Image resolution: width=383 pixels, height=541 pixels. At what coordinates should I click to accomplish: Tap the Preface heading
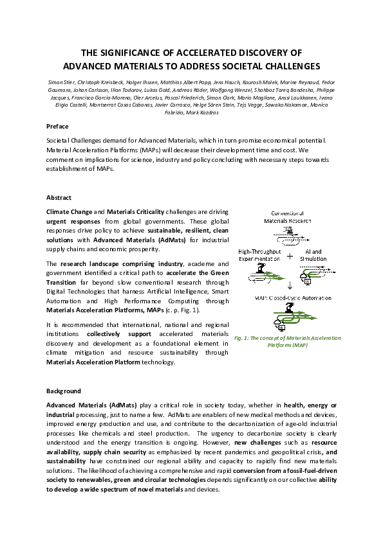pyautogui.click(x=57, y=126)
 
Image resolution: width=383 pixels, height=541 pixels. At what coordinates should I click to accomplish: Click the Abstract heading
pyautogui.click(x=59, y=197)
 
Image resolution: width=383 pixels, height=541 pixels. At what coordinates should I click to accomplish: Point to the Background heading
pyautogui.click(x=63, y=391)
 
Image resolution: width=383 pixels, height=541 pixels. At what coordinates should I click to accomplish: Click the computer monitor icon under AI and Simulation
pyautogui.click(x=308, y=281)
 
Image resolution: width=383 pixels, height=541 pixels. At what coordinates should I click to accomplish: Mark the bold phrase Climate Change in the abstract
pyautogui.click(x=69, y=211)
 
